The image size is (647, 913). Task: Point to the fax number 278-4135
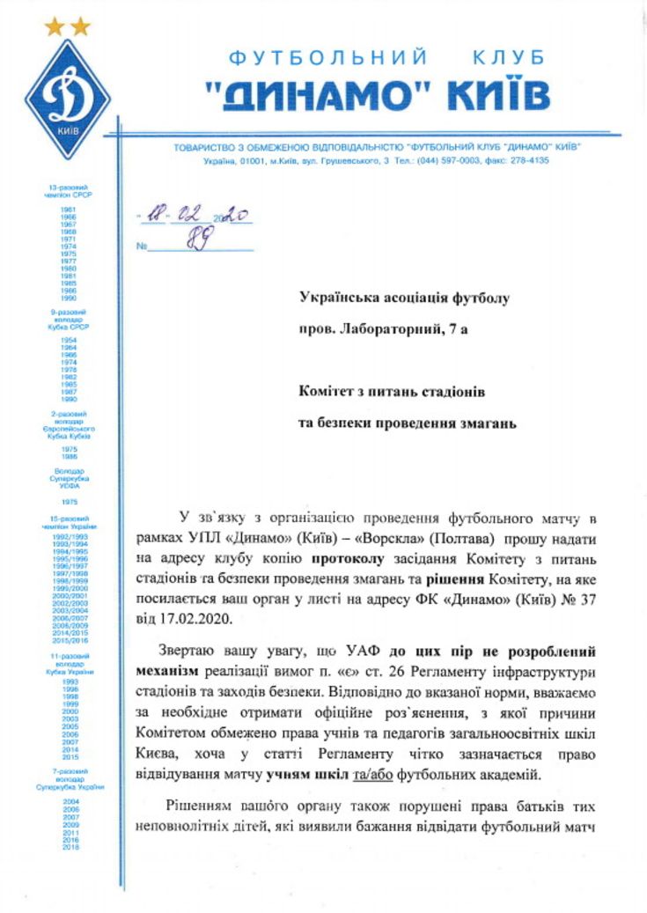(532, 161)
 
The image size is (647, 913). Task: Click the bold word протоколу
(344, 557)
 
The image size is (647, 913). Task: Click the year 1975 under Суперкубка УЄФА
(69, 501)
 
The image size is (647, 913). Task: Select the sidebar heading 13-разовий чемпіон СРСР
(69, 192)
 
